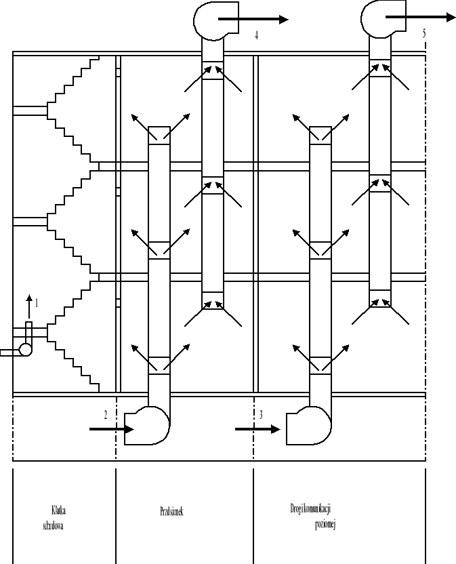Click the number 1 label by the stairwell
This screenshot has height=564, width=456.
click(37, 304)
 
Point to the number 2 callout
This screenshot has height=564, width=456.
click(105, 416)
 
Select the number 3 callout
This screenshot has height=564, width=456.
click(261, 415)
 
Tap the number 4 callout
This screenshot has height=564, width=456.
click(256, 36)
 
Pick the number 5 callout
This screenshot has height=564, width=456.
click(423, 32)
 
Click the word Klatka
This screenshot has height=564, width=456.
click(59, 509)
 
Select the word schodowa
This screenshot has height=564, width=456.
click(53, 524)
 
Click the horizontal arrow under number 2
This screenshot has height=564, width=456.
click(111, 429)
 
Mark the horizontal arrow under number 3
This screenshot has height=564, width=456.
click(257, 429)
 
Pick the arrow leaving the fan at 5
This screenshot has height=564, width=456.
click(421, 17)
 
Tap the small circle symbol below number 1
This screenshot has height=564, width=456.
click(25, 350)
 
